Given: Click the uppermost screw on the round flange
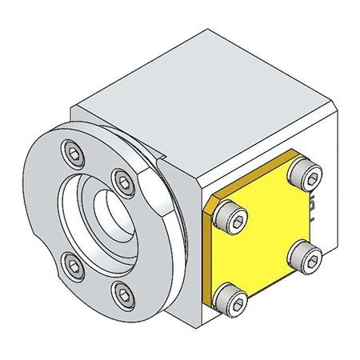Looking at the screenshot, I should [74, 152].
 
